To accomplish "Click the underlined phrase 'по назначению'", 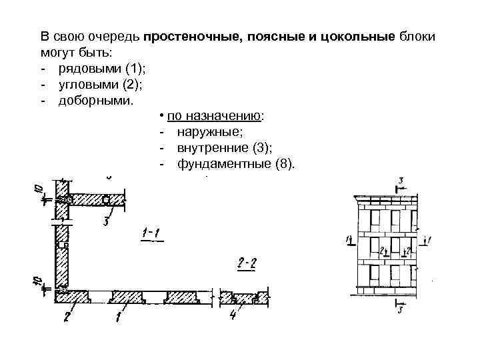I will [x=215, y=116].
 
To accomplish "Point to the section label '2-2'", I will [x=247, y=265].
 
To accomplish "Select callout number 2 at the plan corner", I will [x=67, y=316].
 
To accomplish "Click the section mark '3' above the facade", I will [x=400, y=181].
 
